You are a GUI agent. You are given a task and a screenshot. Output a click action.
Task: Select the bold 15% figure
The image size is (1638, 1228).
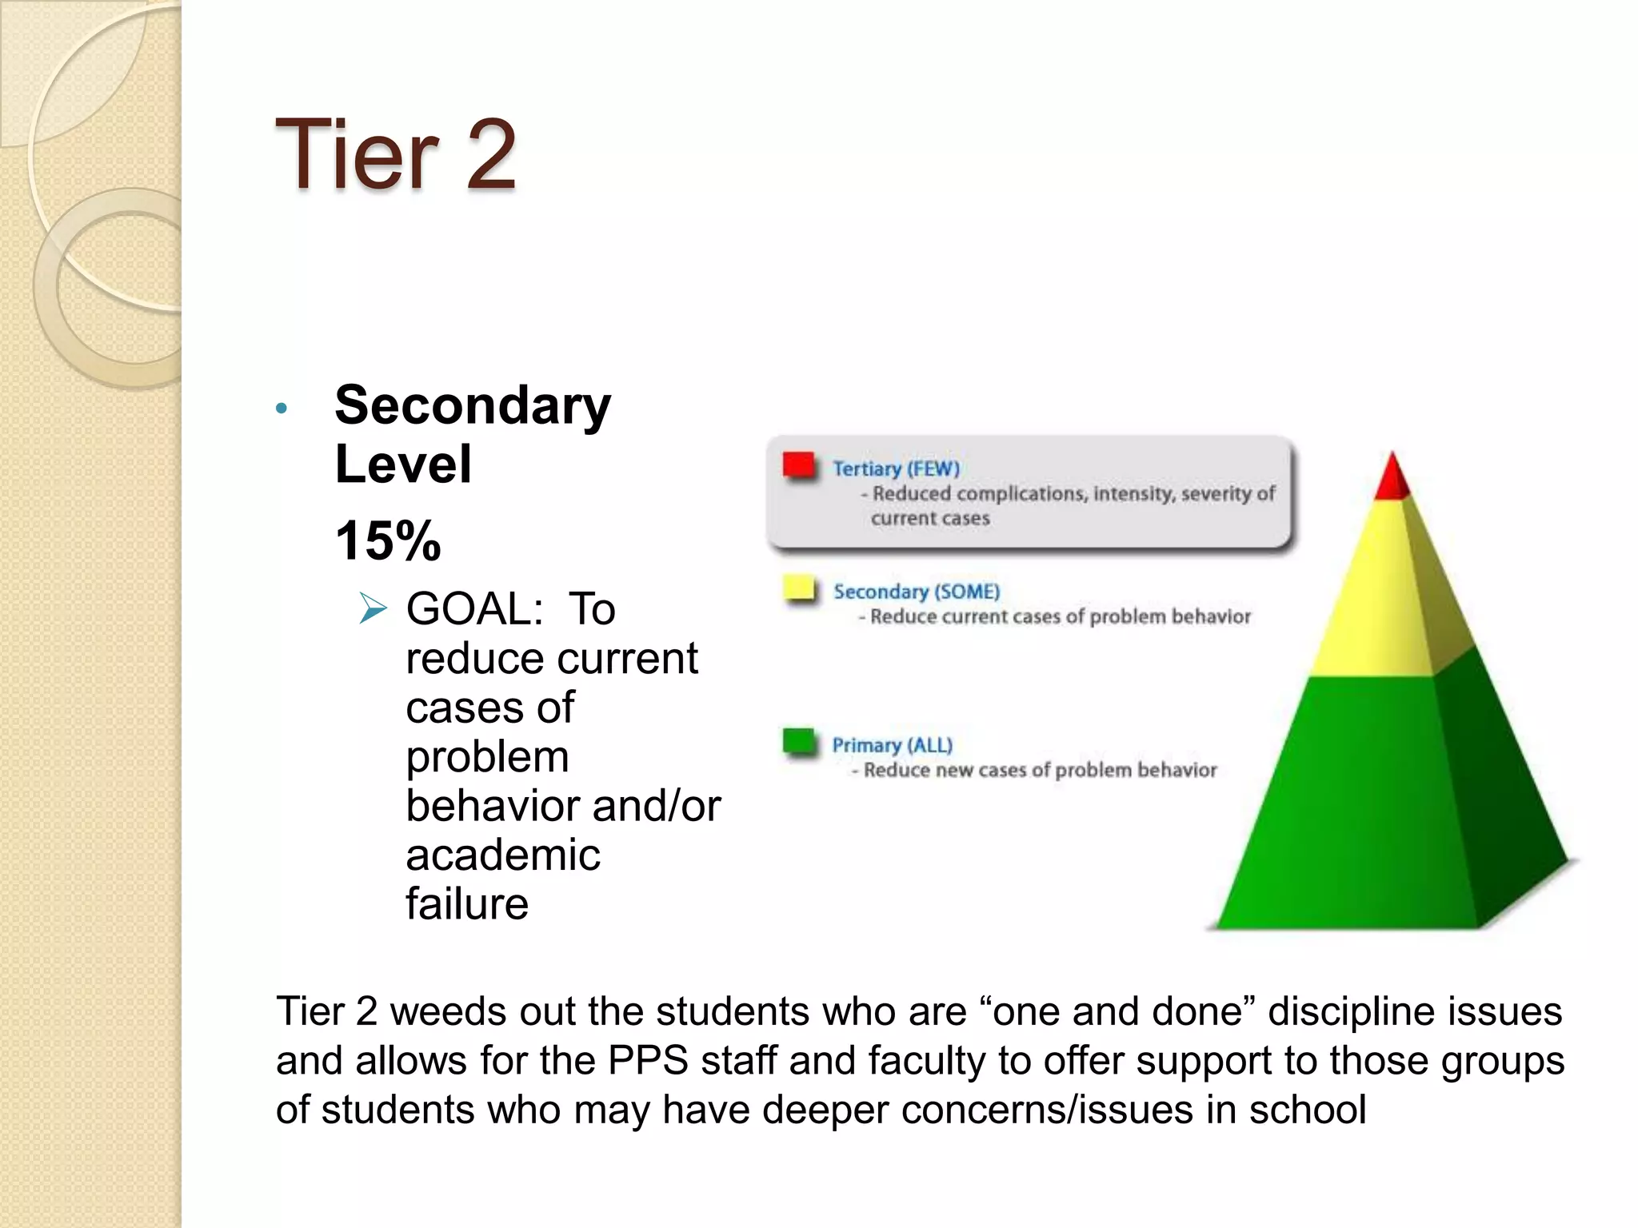(388, 540)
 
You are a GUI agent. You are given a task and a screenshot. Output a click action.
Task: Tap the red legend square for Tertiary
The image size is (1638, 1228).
(798, 464)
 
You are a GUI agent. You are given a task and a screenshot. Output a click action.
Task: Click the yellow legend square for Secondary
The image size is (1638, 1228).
(798, 588)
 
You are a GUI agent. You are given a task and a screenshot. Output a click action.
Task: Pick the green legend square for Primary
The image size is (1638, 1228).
(798, 741)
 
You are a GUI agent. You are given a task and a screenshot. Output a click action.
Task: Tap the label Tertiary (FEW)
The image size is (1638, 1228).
(896, 468)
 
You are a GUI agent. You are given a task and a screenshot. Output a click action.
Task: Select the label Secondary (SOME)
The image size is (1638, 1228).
(917, 592)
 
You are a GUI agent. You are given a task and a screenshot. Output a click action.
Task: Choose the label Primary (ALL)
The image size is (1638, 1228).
(892, 745)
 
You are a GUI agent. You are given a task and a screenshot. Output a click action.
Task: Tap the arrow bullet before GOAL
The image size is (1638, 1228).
(373, 608)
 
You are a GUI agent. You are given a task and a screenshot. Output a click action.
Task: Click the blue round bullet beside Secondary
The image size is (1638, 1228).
(281, 409)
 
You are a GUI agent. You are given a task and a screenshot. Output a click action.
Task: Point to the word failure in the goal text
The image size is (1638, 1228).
(467, 904)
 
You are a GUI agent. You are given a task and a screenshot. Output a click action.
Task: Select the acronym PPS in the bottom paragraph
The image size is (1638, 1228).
(648, 1061)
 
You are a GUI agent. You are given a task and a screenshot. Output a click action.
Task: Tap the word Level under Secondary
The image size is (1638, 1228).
(403, 464)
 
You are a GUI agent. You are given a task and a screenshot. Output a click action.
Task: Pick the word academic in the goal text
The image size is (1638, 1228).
(503, 855)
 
